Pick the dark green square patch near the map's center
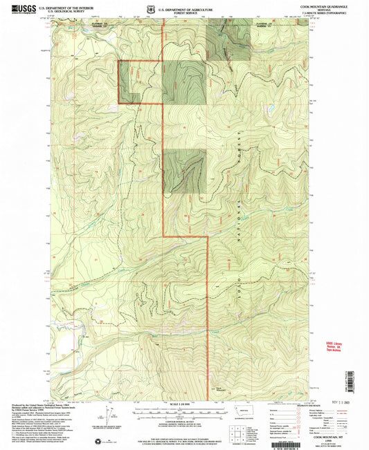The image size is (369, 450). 184,170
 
